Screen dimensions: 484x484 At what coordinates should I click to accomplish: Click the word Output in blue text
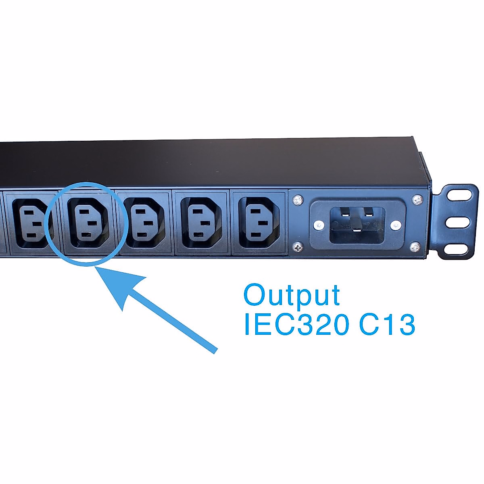point(292,295)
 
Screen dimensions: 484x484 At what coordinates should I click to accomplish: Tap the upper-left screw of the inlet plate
point(297,199)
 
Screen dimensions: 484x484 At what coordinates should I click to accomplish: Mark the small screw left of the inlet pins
point(319,225)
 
